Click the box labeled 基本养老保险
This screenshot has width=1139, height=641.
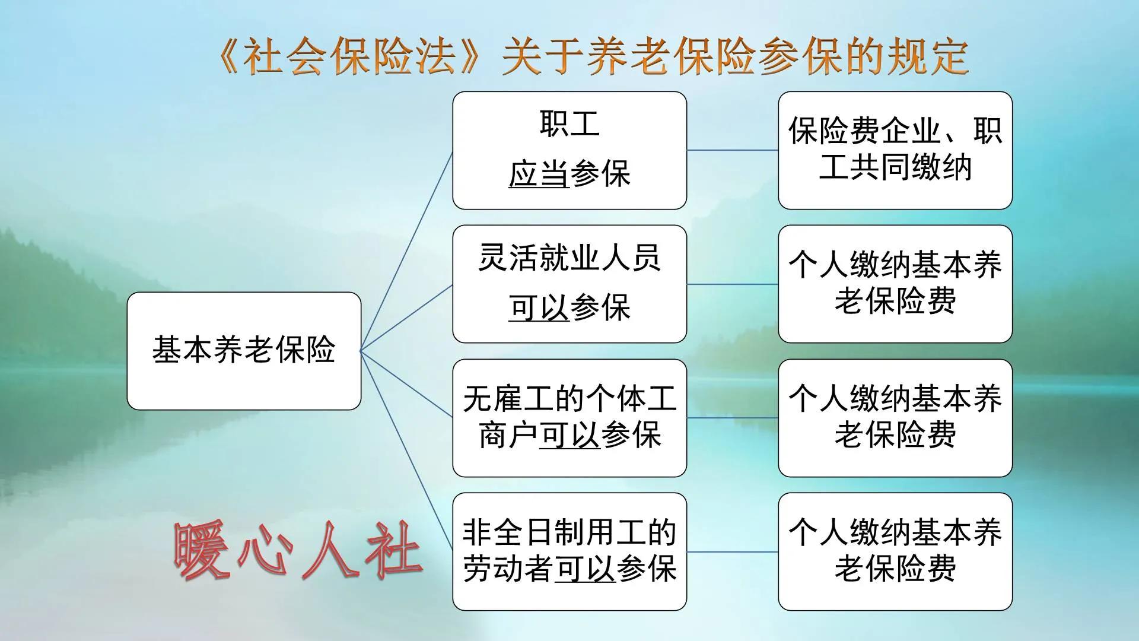(x=244, y=351)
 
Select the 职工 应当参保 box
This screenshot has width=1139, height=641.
(x=569, y=150)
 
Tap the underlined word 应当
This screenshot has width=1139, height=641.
(x=539, y=174)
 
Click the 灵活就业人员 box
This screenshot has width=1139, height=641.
(x=569, y=284)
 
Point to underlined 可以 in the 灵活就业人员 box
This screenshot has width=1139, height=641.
(x=539, y=308)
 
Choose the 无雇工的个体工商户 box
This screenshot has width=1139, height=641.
(x=569, y=418)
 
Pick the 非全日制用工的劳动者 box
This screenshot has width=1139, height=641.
(x=569, y=551)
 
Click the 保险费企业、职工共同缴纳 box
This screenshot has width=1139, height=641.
(x=895, y=150)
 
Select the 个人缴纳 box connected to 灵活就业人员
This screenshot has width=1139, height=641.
(x=895, y=284)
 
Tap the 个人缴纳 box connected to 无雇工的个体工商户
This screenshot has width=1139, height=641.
(x=895, y=418)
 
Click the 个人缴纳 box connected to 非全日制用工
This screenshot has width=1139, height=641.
(x=895, y=551)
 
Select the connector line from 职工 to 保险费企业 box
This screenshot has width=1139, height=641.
(x=733, y=150)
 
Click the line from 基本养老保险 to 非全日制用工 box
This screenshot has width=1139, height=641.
(x=407, y=451)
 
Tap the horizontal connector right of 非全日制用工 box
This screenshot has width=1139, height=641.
(x=733, y=552)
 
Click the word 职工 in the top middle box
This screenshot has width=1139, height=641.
(x=569, y=125)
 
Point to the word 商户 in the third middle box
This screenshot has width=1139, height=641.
(x=508, y=436)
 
